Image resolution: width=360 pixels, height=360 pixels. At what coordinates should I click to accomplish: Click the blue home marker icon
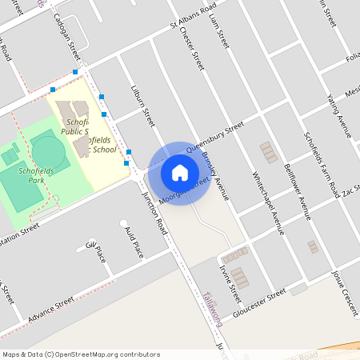(x=180, y=173)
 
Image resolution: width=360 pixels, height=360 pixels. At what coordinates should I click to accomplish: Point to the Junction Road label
(x=153, y=214)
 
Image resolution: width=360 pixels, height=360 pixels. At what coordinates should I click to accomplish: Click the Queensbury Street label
(x=214, y=138)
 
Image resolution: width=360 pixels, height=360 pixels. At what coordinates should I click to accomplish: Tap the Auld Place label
(x=134, y=242)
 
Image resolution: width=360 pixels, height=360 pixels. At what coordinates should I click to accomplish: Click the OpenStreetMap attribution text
(x=80, y=354)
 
